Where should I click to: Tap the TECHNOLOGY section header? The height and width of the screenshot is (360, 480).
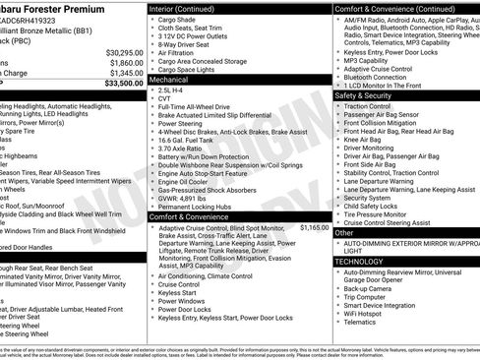coord(360,262)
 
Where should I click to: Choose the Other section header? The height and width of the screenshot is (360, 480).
coord(343,233)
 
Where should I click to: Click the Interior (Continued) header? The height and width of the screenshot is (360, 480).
coord(182,7)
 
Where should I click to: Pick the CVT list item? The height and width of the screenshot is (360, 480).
coord(166,99)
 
